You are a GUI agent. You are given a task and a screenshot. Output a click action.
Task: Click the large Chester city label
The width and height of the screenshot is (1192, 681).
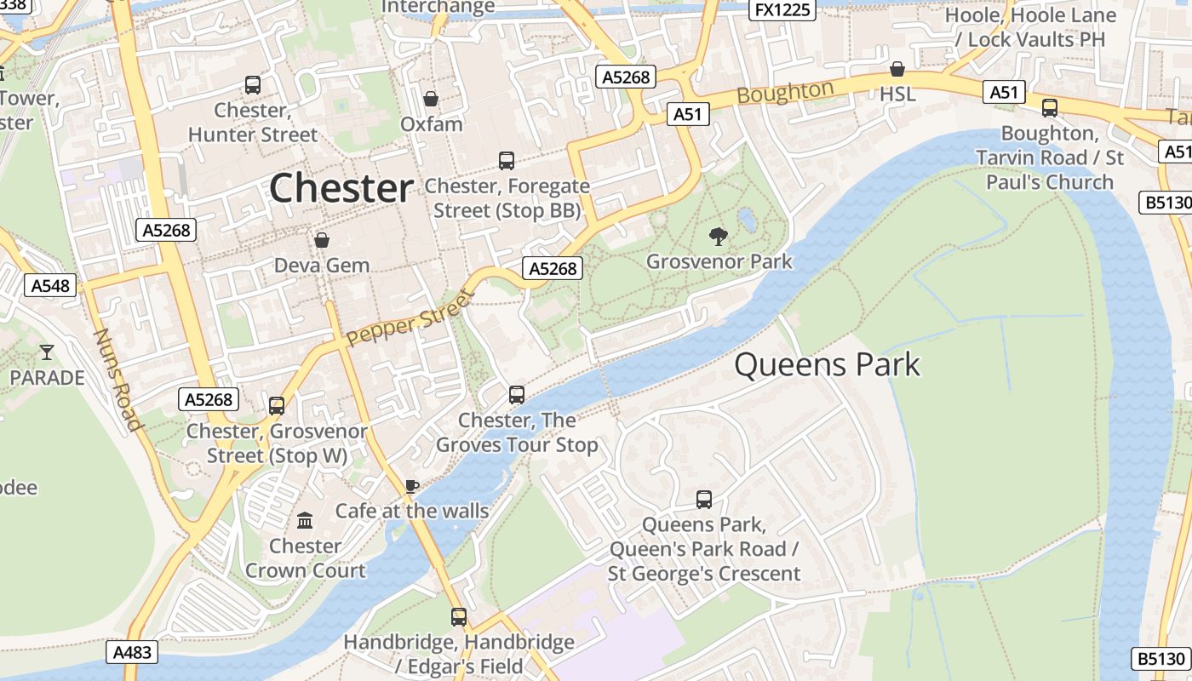click(341, 188)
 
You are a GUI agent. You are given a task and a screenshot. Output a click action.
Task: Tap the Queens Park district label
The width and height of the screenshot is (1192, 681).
click(827, 365)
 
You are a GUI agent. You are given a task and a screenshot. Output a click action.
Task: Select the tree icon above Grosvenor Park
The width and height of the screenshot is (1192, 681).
click(719, 236)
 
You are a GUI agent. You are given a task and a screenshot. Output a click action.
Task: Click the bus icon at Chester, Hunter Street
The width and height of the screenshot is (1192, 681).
click(253, 85)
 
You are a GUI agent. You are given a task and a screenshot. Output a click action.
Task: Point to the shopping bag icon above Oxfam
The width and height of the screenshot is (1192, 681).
click(432, 99)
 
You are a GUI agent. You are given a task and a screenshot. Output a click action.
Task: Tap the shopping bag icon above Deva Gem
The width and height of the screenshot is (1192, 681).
click(322, 240)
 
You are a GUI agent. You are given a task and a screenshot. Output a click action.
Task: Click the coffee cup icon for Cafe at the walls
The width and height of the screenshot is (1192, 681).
click(412, 486)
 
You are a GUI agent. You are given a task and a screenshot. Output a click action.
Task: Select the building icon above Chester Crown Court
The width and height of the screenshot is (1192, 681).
click(305, 520)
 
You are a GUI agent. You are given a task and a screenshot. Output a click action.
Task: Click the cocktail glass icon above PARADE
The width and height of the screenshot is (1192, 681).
click(47, 352)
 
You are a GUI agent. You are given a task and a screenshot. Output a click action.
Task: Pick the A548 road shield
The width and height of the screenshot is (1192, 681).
click(50, 285)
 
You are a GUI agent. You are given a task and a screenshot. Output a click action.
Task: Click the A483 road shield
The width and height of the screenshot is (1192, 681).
click(133, 653)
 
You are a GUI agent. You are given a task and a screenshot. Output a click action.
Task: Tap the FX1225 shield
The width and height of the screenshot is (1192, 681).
click(782, 9)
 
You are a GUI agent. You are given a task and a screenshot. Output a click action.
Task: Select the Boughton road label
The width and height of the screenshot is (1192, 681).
click(785, 92)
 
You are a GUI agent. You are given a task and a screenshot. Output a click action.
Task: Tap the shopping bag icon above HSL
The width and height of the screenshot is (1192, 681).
click(897, 69)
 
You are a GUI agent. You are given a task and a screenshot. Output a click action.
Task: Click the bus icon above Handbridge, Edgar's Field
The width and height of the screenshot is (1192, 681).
click(459, 617)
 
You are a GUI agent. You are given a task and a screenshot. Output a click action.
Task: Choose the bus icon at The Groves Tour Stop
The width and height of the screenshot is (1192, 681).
click(517, 395)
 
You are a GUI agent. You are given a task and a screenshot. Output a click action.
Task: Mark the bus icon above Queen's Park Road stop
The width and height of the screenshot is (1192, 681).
click(704, 500)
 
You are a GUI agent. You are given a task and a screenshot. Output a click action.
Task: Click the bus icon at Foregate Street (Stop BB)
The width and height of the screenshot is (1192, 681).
click(507, 161)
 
